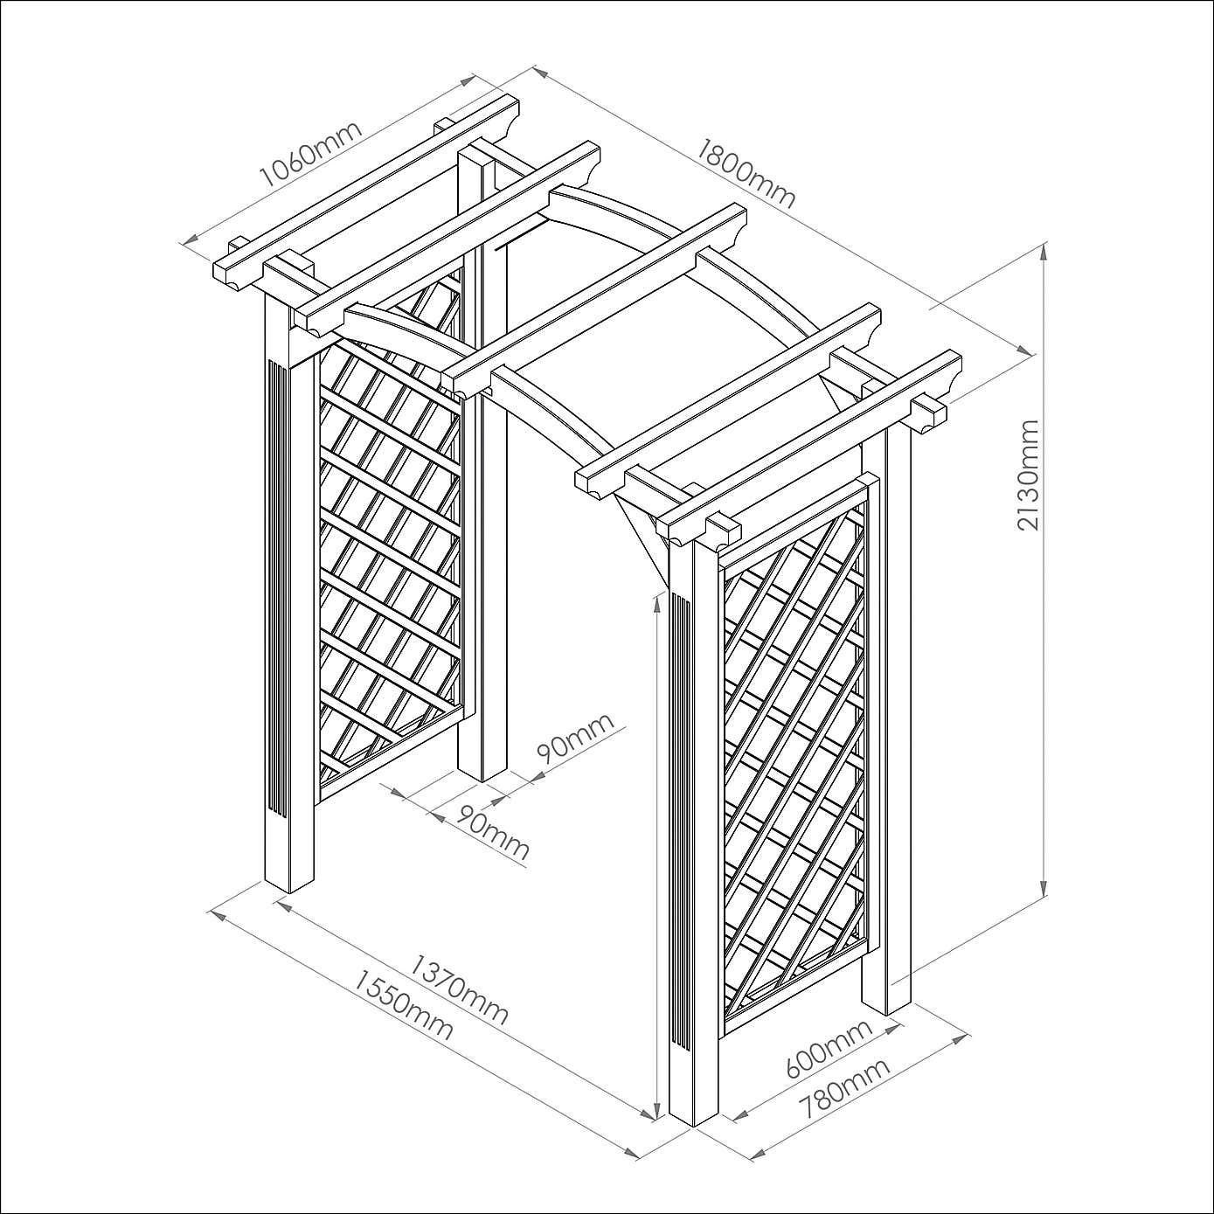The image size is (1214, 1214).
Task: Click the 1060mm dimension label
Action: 311,154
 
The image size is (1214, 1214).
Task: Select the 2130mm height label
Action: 1028,475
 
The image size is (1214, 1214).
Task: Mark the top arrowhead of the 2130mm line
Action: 1044,252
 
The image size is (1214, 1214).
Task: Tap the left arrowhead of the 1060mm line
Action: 189,239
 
